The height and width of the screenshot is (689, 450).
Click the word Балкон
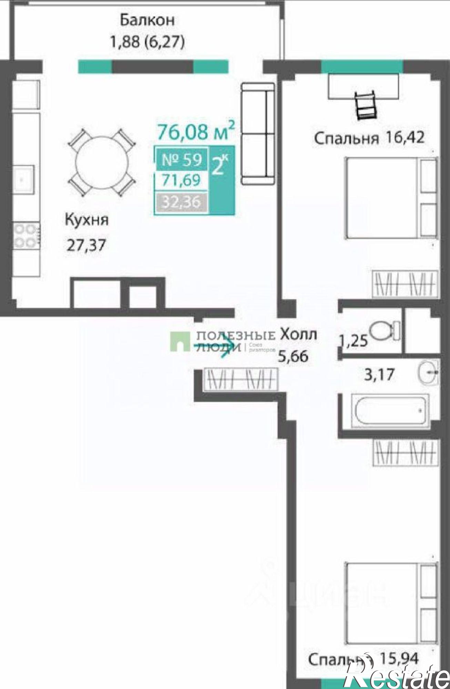pos(147,20)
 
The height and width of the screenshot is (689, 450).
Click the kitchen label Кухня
pos(87,219)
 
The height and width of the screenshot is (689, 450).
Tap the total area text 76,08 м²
pos(196,131)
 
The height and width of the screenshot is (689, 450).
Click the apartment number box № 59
pos(182,160)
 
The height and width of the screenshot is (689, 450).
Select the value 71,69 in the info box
pos(182,180)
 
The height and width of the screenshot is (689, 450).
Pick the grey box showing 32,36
pos(182,201)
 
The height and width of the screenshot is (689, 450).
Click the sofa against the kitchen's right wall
pos(258,134)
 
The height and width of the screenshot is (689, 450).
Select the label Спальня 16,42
pos(369,138)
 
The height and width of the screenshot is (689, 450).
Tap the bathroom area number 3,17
pos(379,374)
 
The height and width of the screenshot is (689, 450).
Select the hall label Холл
pos(298,334)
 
